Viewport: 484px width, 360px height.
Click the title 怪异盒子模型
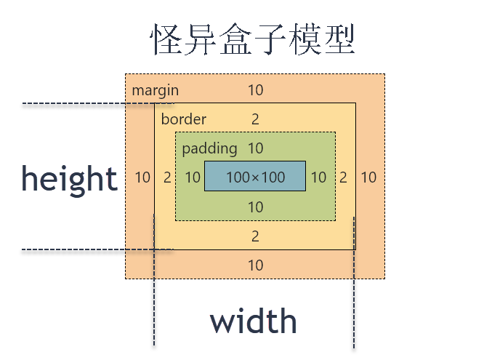[253, 40]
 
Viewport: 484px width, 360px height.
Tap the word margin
[155, 91]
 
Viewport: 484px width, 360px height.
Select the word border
[183, 119]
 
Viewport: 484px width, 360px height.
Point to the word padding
[209, 149]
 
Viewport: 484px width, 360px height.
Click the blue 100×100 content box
[255, 177]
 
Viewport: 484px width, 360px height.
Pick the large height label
[69, 177]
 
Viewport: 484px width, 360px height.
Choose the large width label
[254, 321]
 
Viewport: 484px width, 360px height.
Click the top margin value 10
[255, 91]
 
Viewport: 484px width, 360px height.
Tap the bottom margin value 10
[255, 265]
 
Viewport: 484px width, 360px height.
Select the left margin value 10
[142, 177]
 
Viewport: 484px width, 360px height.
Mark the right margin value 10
[368, 177]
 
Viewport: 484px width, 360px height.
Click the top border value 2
[255, 119]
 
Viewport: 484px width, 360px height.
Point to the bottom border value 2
[255, 236]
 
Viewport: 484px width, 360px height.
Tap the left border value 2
[167, 177]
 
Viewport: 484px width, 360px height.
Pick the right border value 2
[343, 177]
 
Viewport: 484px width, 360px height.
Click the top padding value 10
[255, 149]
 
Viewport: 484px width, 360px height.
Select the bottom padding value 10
[255, 207]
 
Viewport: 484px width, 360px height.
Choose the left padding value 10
[192, 177]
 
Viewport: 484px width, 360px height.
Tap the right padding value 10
[318, 177]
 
